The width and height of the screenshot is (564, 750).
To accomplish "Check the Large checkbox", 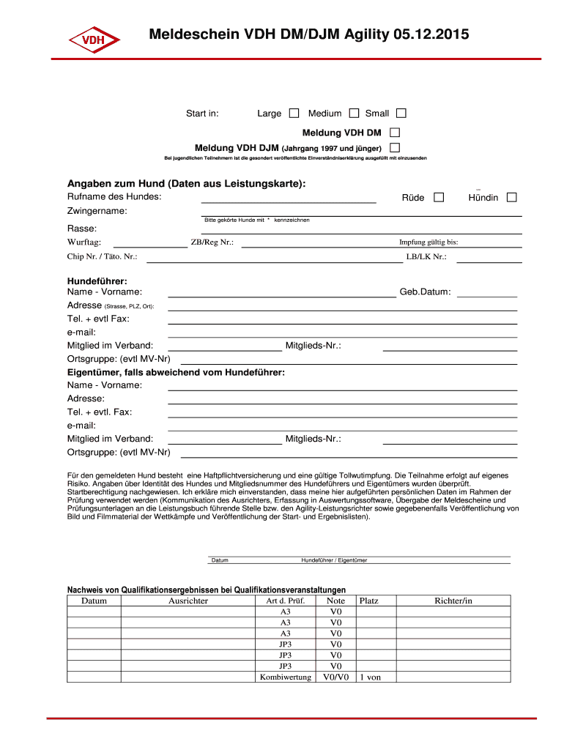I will coord(294,114).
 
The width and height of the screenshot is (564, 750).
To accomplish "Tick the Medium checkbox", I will coord(354,114).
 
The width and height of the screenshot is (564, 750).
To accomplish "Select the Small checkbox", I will coord(401,114).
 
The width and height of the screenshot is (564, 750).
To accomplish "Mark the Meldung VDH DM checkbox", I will coord(395,133).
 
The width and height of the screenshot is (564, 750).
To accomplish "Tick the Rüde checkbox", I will coord(439,197).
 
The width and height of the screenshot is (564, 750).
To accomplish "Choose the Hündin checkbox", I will coord(511,197).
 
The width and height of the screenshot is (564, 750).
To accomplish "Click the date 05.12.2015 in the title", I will coord(431,34).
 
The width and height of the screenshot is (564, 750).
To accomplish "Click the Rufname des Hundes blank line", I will coord(289,199).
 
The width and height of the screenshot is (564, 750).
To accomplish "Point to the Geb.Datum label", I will coord(425,292).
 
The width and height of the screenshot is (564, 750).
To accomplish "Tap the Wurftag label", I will coord(84,242).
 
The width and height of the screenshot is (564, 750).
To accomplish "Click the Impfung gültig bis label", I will coord(428,242).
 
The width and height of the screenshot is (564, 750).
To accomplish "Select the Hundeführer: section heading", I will coord(97,281).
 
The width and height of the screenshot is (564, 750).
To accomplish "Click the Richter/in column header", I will coord(453,601).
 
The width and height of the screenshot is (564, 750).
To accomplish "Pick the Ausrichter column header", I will coord(188,601).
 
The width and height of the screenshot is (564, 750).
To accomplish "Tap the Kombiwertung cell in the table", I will coord(286,677).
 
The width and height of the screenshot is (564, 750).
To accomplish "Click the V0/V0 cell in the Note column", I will coord(335,677).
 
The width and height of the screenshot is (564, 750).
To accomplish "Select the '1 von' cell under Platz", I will coord(370,677).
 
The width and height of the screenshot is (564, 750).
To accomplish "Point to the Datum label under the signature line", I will coord(220,560).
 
